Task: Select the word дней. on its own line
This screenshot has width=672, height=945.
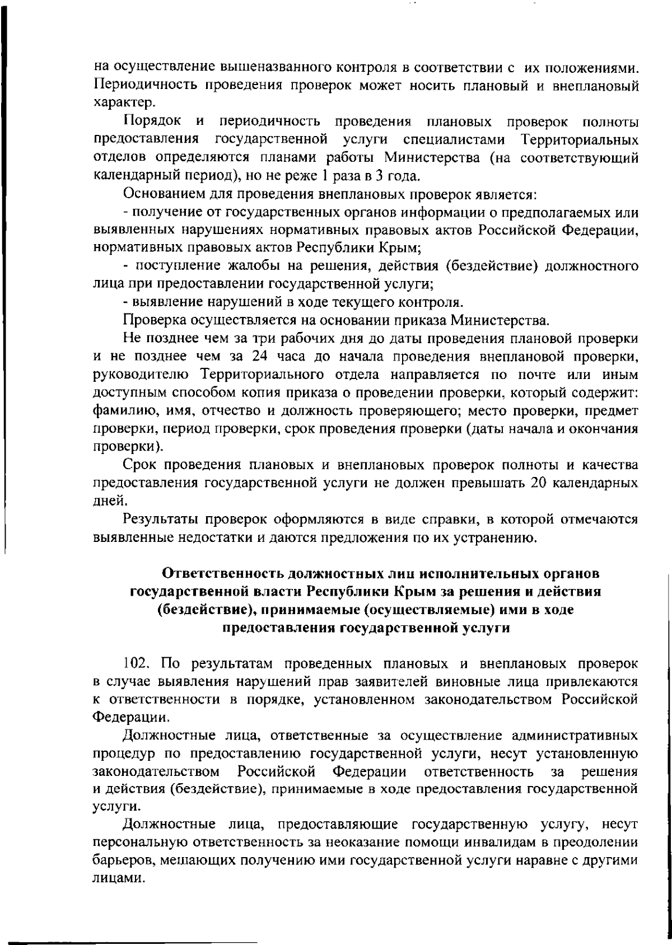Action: tap(106, 501)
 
